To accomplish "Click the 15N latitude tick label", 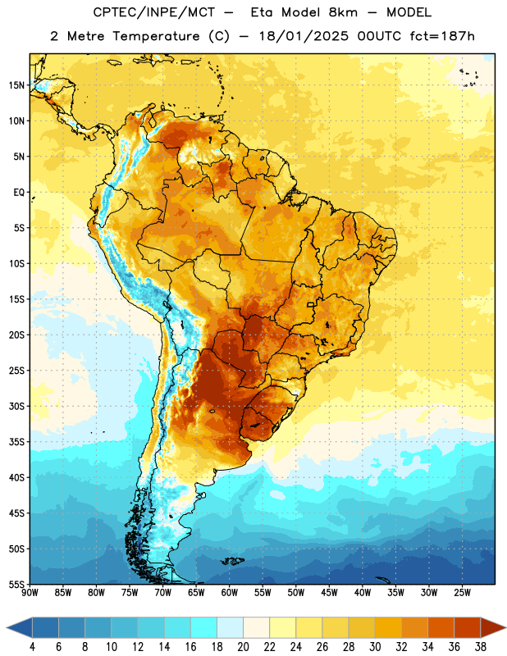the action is tap(16, 85).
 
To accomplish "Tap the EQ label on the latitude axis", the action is tap(19, 193).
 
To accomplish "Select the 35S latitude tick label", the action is tap(16, 442).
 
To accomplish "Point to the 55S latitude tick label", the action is tap(16, 584).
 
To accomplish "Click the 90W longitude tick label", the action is tap(30, 593).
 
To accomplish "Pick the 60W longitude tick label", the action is tap(230, 593).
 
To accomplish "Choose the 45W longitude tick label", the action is tap(329, 593).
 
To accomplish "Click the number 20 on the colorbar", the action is tap(243, 647).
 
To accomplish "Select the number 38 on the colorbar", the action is tap(481, 647).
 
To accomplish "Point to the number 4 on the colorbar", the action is tap(32, 647).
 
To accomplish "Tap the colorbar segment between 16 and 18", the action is tap(203, 628).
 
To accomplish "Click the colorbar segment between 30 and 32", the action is tap(388, 628).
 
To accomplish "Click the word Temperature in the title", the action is tap(156, 36).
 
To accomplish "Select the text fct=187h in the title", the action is tap(442, 36).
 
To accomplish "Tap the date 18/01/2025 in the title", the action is tap(304, 36).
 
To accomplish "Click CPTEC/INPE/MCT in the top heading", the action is tap(154, 12).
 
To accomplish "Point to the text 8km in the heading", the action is tap(343, 12).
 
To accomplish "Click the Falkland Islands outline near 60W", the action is tap(231, 561).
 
